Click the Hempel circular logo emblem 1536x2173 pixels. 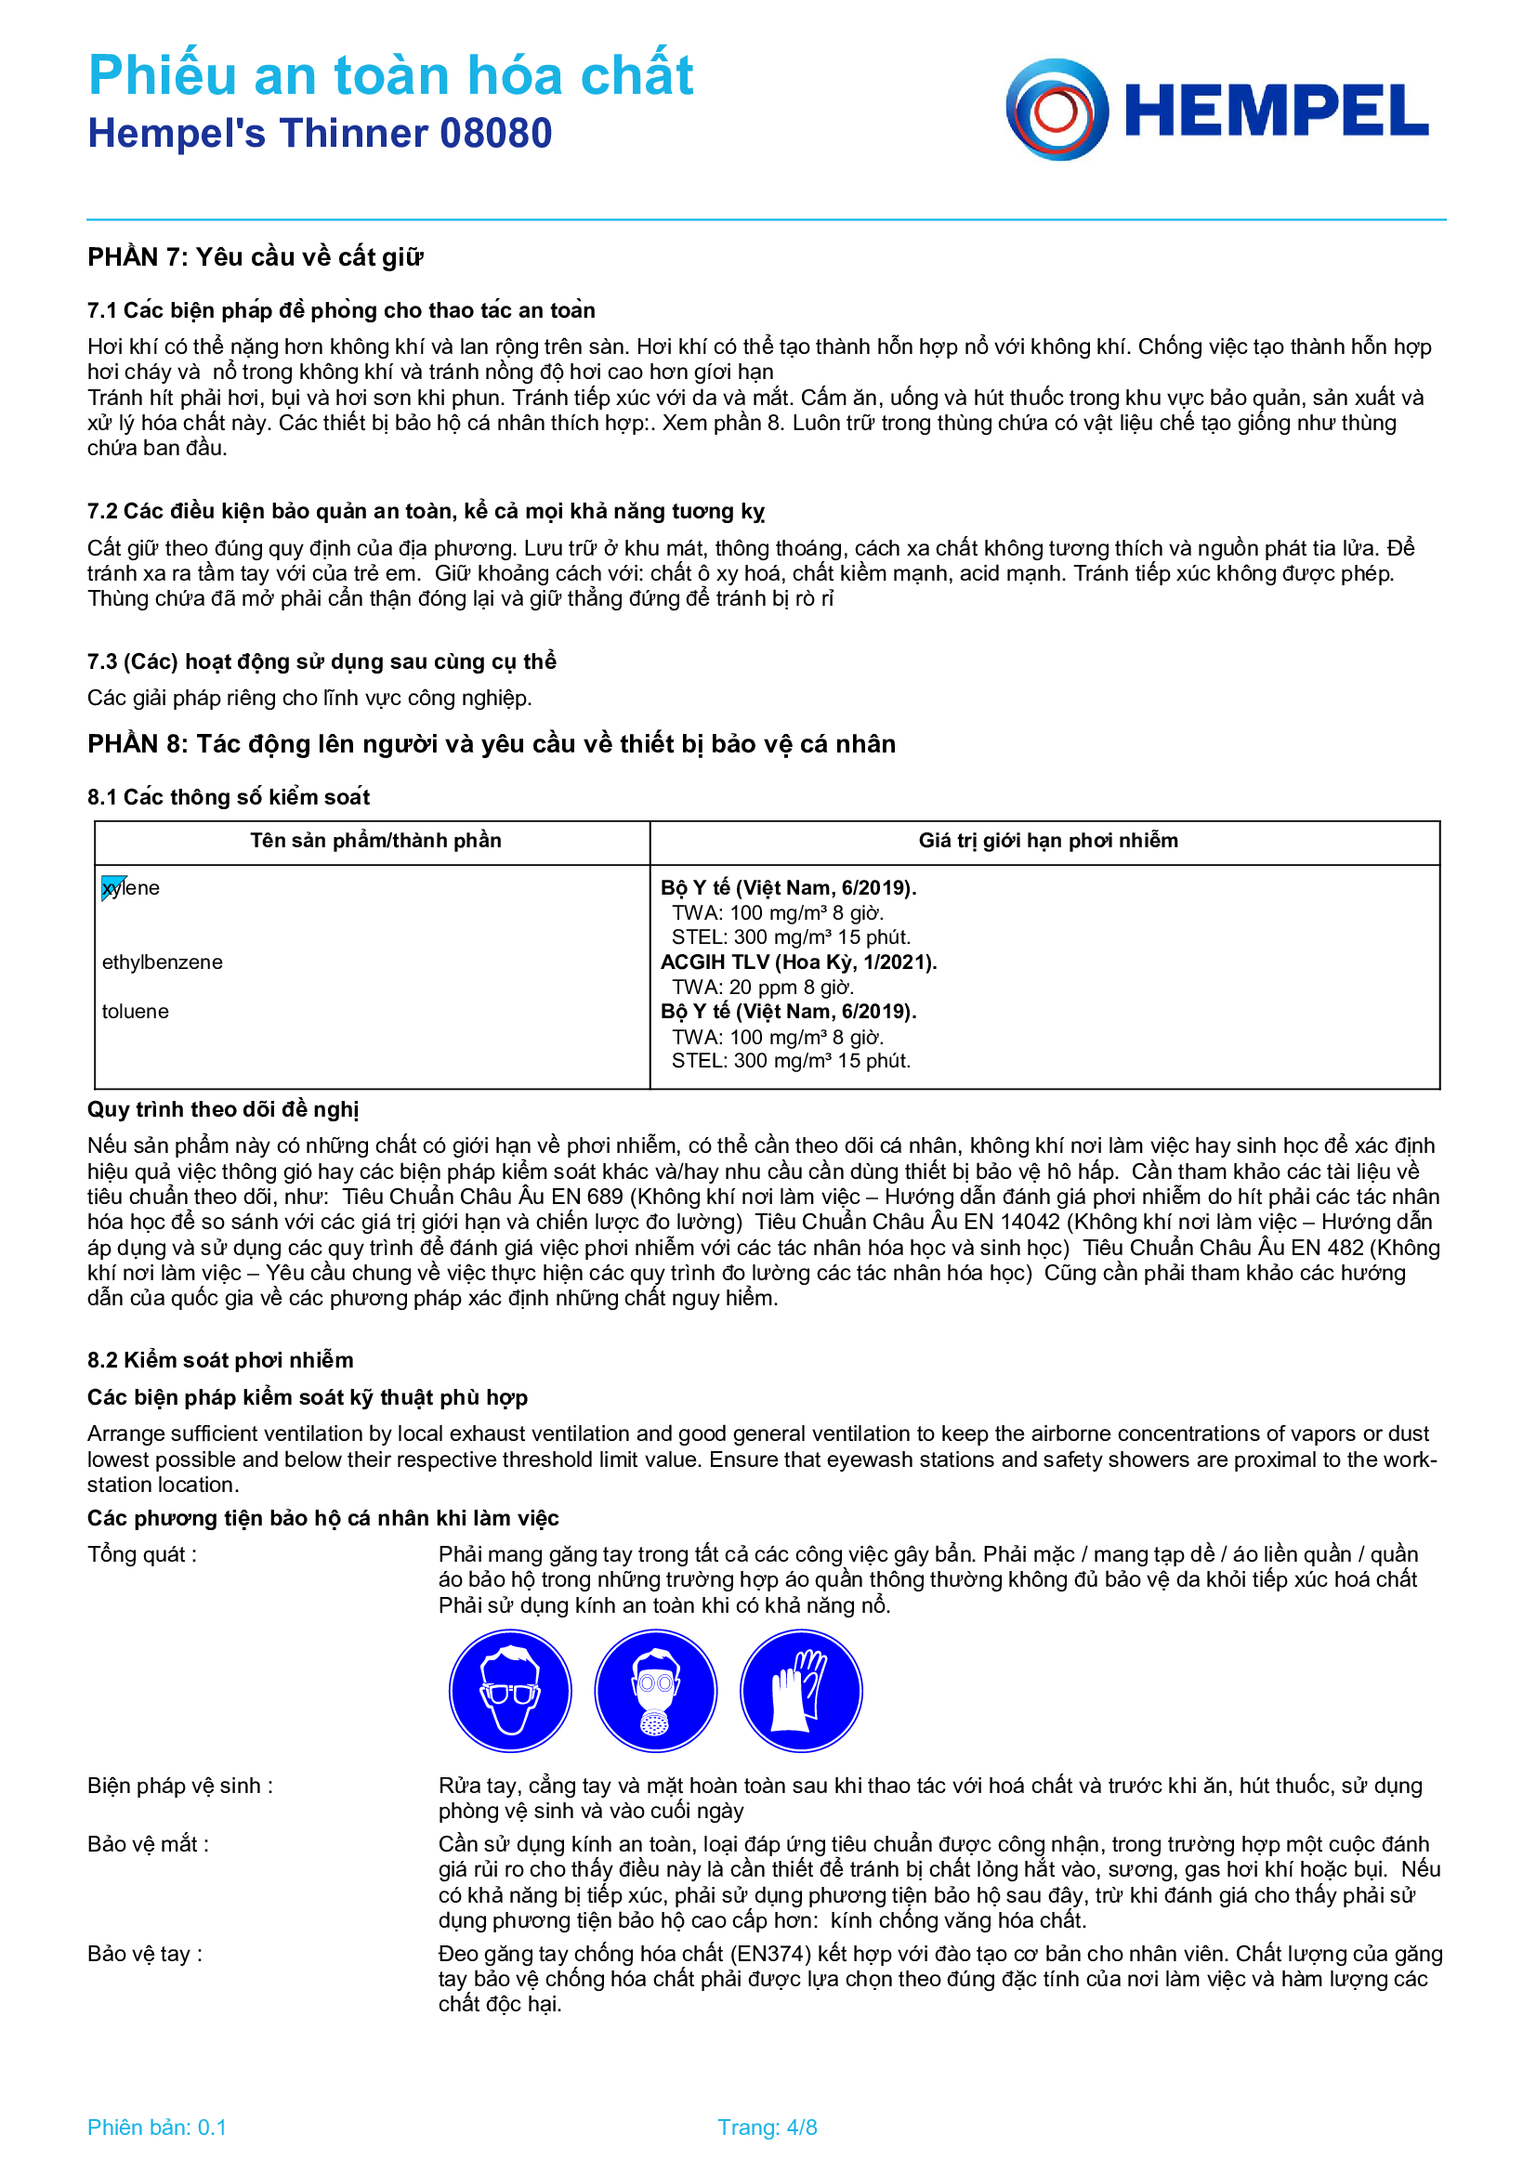click(1057, 110)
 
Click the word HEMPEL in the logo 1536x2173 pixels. click(1276, 111)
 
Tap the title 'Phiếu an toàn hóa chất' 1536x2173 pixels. click(391, 74)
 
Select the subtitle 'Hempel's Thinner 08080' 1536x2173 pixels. click(320, 134)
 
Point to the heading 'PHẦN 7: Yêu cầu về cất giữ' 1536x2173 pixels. click(256, 257)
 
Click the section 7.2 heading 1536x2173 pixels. click(425, 511)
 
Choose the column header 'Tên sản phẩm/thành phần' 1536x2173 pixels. click(375, 841)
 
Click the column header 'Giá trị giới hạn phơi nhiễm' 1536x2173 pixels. click(1047, 841)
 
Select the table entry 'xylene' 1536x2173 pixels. click(132, 888)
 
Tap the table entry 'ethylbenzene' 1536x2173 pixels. click(163, 962)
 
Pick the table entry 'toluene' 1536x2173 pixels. click(136, 1012)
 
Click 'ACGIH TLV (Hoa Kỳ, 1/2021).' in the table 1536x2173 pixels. click(798, 962)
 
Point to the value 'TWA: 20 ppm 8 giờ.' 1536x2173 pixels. click(763, 988)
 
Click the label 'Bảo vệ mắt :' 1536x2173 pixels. click(149, 1843)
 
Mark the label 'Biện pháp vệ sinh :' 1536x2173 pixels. click(180, 1785)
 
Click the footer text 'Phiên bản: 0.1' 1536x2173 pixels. click(157, 2127)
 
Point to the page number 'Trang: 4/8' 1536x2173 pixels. click(767, 2127)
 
